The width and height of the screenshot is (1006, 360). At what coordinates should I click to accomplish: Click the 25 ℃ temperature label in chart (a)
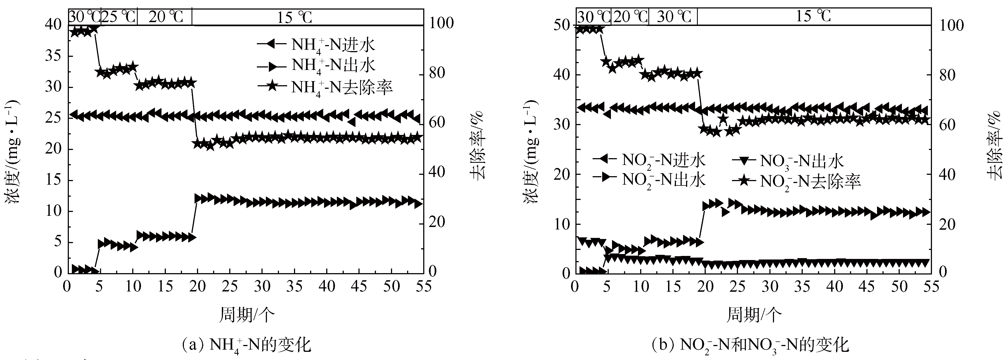(x=119, y=17)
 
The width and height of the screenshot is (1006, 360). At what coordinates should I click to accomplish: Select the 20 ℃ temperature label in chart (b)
(x=630, y=17)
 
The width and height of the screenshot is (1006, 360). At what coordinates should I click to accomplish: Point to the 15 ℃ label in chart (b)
(x=813, y=16)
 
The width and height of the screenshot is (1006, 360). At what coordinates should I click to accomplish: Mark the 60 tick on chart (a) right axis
(x=435, y=123)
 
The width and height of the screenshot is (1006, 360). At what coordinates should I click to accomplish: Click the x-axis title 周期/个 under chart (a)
(x=247, y=315)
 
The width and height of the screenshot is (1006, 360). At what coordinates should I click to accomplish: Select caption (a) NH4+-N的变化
(x=247, y=345)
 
